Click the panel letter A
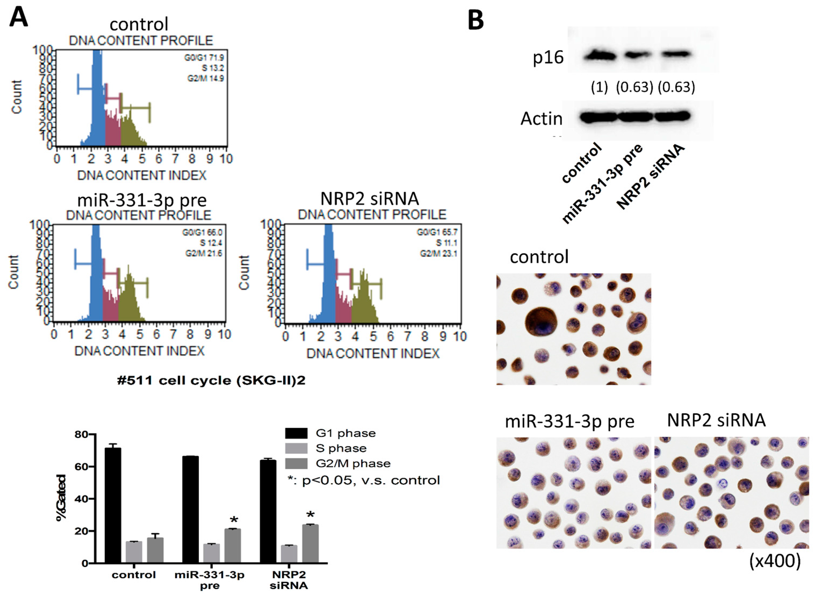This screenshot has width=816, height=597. click(x=19, y=18)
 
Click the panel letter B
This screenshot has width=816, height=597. click(x=476, y=21)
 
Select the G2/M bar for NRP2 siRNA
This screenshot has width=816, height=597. click(x=310, y=544)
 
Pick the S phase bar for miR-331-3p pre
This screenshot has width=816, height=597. click(x=211, y=553)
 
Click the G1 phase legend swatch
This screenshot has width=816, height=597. click(x=296, y=433)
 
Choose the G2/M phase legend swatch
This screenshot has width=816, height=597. click(x=296, y=463)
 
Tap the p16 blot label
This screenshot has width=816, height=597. click(x=548, y=58)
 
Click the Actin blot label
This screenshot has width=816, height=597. click(x=541, y=118)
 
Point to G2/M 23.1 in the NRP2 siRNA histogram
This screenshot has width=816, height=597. click(x=438, y=254)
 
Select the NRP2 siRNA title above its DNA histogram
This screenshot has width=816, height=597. click(x=369, y=199)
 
